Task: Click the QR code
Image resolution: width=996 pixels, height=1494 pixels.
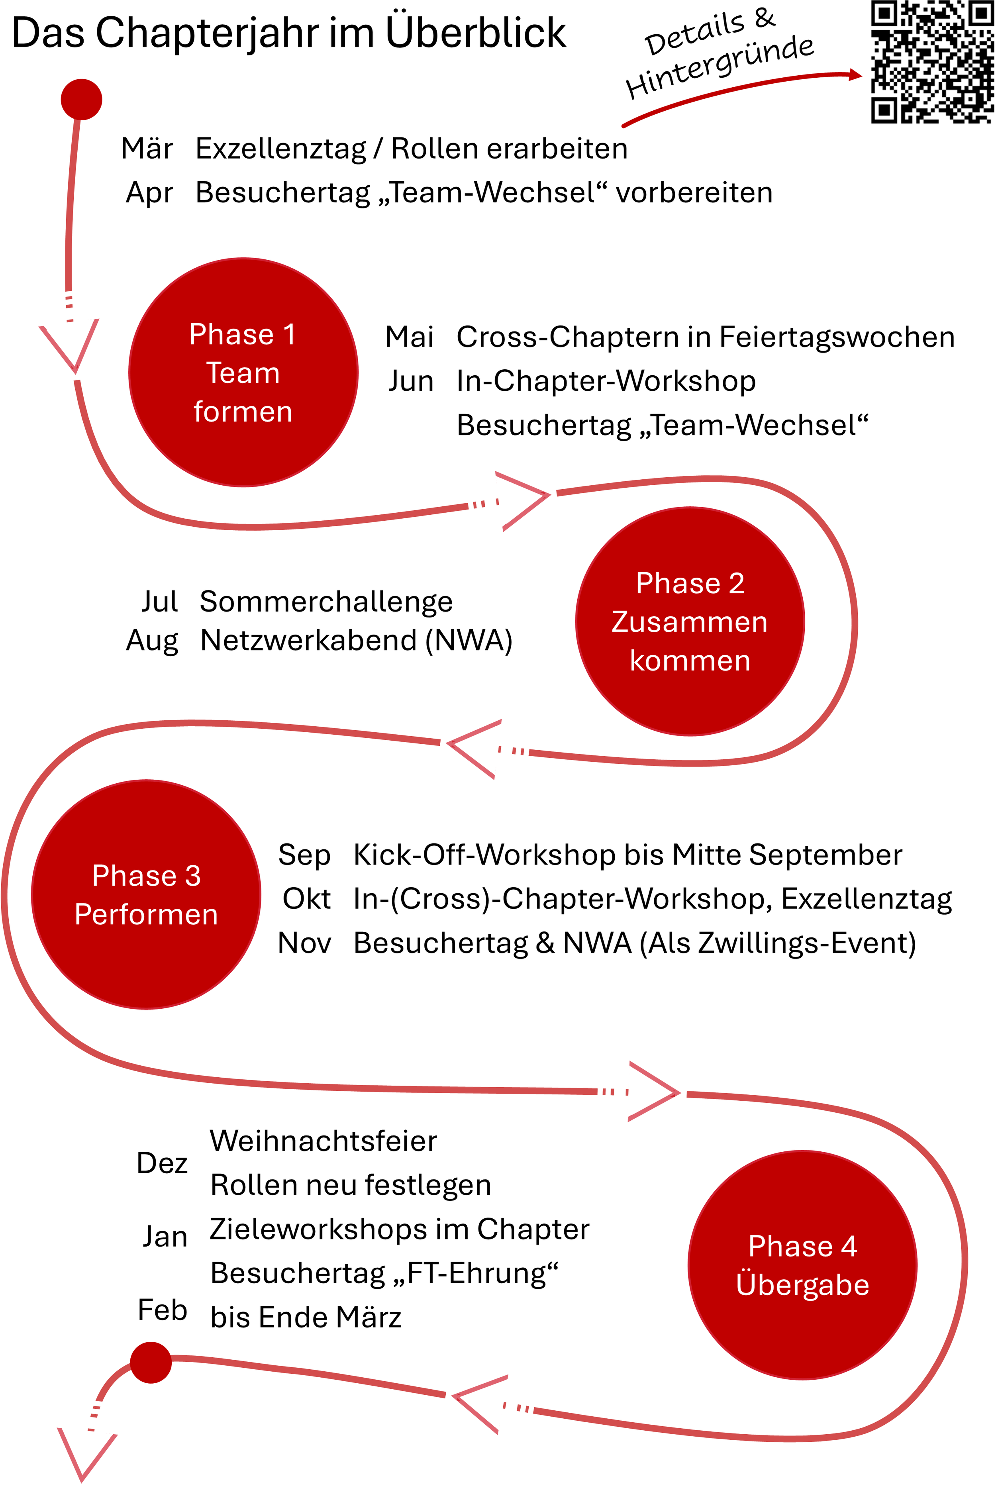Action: (931, 62)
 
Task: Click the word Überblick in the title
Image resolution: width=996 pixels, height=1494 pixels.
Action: (476, 33)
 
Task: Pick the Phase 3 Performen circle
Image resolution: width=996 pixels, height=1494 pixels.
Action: (146, 894)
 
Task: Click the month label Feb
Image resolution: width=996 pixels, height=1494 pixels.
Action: (163, 1310)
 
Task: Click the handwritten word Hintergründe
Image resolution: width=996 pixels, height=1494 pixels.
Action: (720, 67)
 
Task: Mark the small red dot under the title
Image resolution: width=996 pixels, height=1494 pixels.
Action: (81, 100)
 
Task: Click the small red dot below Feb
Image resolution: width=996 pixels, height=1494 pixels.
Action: (151, 1363)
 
